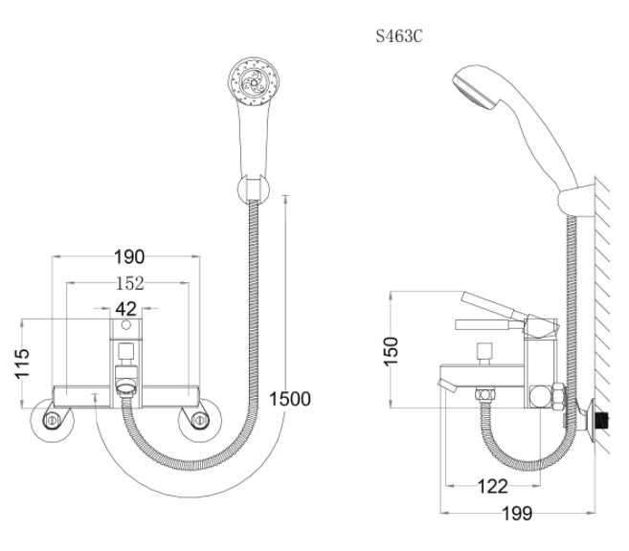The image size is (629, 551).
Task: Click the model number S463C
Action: [398, 37]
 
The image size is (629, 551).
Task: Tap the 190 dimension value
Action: [129, 257]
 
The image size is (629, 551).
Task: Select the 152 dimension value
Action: [129, 284]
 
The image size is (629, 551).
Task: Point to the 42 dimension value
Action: [126, 309]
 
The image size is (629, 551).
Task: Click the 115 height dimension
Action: [22, 364]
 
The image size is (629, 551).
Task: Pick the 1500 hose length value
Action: [290, 399]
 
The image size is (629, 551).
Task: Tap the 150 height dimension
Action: [391, 351]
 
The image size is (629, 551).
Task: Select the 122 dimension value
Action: [493, 487]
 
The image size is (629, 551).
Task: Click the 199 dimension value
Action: [518, 514]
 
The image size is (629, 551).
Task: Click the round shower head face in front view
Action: [254, 82]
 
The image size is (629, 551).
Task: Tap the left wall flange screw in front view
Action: [52, 420]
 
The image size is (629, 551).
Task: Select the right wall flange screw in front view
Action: [199, 420]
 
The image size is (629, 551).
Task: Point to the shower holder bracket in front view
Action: [253, 188]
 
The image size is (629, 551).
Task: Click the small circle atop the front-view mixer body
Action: [126, 324]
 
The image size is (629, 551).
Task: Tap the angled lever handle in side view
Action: [494, 305]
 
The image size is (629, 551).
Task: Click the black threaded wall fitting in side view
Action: [602, 420]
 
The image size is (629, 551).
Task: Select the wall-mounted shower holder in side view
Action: [576, 202]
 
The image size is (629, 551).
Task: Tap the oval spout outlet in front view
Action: [126, 388]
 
